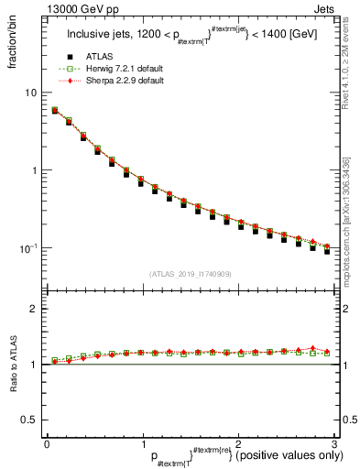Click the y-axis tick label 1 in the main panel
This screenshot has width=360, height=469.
(x=35, y=170)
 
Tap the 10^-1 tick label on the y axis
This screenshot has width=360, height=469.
(x=29, y=247)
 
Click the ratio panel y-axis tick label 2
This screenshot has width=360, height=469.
(x=35, y=310)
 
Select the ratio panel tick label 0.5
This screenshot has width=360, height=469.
(x=31, y=420)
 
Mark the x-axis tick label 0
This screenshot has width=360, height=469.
(x=47, y=443)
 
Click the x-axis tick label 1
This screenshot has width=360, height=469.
(x=142, y=443)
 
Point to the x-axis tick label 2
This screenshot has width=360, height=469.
(x=237, y=443)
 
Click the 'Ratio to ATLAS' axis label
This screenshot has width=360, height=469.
(x=13, y=365)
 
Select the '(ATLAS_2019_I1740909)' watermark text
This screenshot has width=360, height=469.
(x=190, y=275)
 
